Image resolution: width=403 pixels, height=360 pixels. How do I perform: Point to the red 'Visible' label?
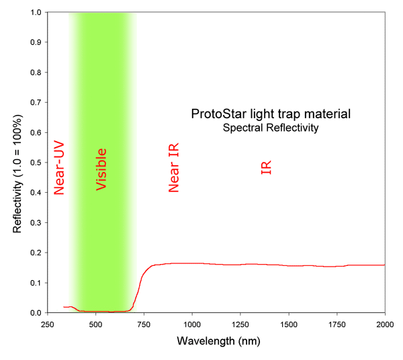[x=101, y=169]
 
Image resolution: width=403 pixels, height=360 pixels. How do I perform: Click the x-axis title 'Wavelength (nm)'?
[x=216, y=341]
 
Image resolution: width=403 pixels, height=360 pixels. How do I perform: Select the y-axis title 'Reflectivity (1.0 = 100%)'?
[x=18, y=162]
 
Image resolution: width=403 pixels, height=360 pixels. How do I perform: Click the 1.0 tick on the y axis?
[x=35, y=12]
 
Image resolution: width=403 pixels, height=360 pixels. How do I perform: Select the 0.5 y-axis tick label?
[x=35, y=163]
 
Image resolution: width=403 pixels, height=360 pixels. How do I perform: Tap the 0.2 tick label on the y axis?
[x=35, y=253]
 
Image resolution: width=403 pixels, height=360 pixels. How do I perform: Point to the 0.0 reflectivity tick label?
[x=35, y=312]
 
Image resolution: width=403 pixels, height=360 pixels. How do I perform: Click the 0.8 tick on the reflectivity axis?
[x=35, y=73]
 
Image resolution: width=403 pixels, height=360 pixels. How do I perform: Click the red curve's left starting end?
[x=64, y=307]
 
